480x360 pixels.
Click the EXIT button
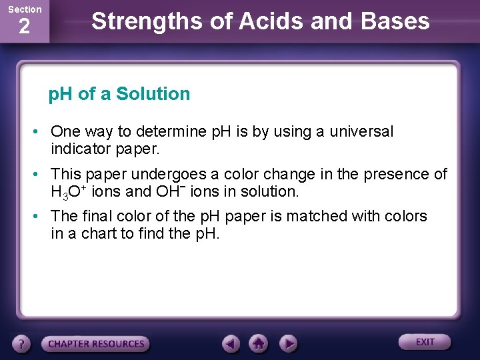click(425, 342)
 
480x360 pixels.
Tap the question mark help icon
click(22, 343)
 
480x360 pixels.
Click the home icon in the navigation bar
click(259, 343)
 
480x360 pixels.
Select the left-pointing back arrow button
click(231, 343)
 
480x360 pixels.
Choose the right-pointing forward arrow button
click(287, 343)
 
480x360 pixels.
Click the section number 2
click(24, 27)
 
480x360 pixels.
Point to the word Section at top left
click(25, 9)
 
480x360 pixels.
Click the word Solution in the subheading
click(153, 94)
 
